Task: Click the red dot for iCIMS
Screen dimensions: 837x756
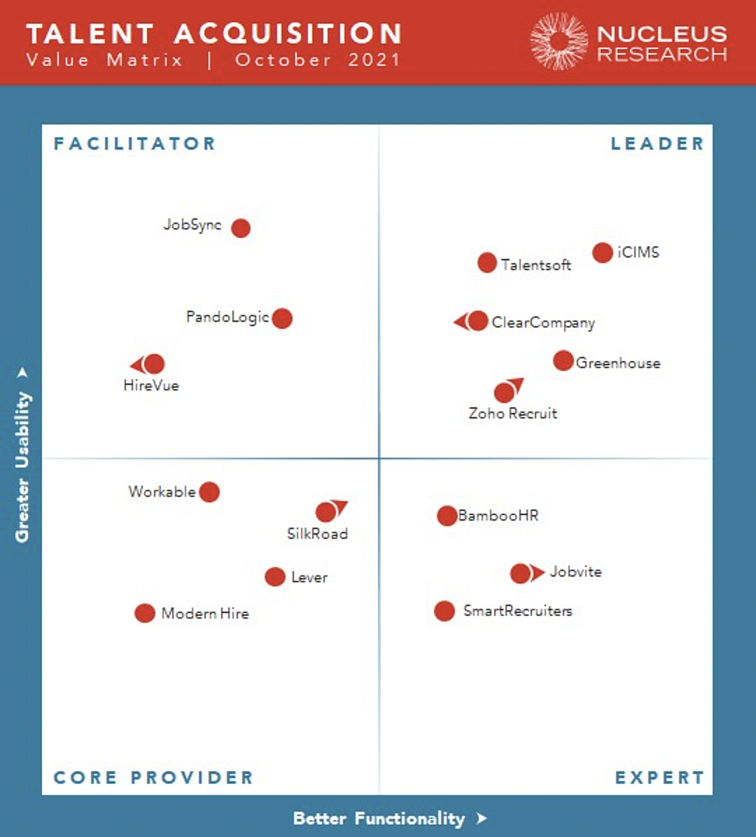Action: point(602,253)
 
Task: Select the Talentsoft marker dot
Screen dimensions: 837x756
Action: point(487,263)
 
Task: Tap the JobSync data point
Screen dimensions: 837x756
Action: point(241,228)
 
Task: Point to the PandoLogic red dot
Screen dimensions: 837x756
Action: point(282,318)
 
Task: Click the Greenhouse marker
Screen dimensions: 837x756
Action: point(563,361)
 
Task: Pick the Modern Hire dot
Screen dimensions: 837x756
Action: point(145,614)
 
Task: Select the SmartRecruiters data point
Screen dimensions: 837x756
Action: point(444,611)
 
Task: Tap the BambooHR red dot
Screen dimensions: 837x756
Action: point(447,516)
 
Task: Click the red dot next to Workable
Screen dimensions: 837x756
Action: point(209,492)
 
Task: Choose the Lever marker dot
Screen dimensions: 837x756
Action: point(275,577)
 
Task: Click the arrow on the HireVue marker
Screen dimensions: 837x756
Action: point(136,365)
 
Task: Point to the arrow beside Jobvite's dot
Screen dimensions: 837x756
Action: point(538,573)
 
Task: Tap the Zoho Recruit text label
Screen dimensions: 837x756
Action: point(512,414)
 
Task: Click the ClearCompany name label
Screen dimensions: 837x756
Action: point(543,323)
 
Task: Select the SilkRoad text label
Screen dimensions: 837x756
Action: point(317,534)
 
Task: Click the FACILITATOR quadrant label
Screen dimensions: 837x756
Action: point(134,144)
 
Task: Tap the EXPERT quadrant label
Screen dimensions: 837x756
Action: point(659,778)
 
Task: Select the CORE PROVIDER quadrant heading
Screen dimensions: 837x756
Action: point(153,778)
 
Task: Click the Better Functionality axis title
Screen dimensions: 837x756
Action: point(379,819)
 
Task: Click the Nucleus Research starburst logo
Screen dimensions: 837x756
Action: point(559,41)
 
